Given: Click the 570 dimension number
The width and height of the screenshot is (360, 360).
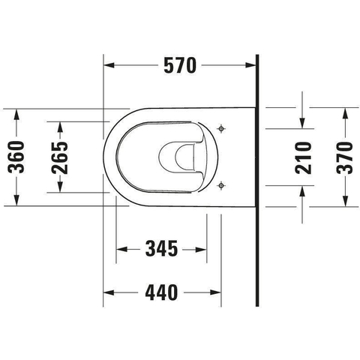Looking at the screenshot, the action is pyautogui.click(x=180, y=65).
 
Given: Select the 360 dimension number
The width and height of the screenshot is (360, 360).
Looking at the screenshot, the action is pyautogui.click(x=16, y=157).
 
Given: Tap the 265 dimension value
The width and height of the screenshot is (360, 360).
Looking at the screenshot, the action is pyautogui.click(x=59, y=157).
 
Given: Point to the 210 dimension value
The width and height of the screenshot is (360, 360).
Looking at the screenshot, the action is pyautogui.click(x=303, y=157).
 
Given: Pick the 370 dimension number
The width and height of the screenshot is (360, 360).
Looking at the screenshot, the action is pyautogui.click(x=344, y=157).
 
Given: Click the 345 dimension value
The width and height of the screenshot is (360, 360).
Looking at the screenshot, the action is pyautogui.click(x=162, y=249).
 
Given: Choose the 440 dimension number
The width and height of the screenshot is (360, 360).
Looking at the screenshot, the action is pyautogui.click(x=161, y=292).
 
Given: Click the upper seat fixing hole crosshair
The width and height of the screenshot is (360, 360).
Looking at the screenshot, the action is pyautogui.click(x=221, y=129).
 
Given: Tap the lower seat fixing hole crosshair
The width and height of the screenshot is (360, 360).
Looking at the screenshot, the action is pyautogui.click(x=221, y=185).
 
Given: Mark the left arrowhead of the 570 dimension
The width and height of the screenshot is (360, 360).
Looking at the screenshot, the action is pyautogui.click(x=109, y=65).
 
